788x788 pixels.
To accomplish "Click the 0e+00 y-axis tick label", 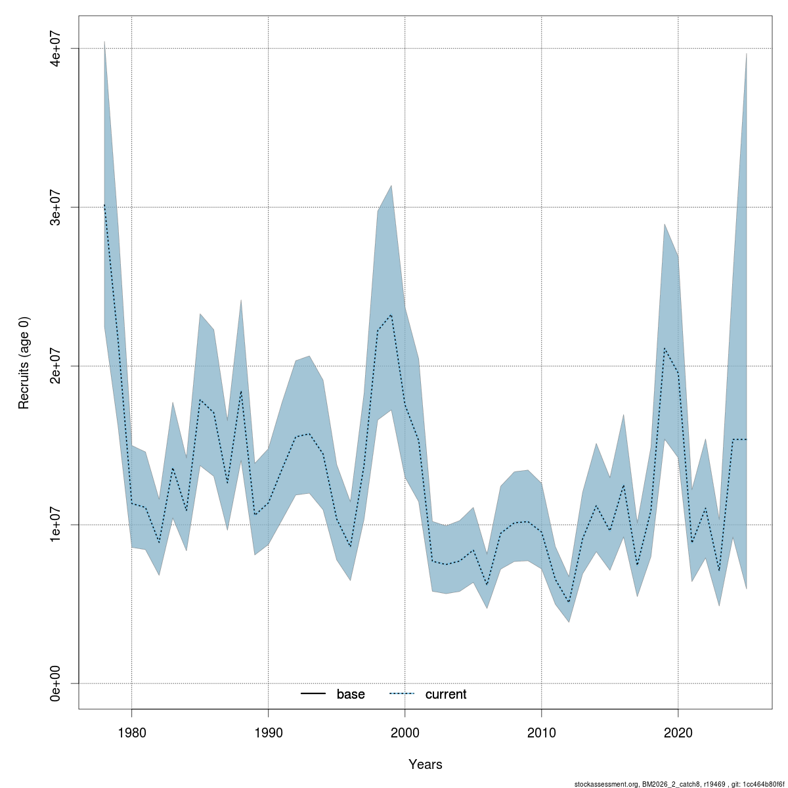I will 57,683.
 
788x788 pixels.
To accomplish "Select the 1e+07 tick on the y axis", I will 57,525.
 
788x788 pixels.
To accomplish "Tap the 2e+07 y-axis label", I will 57,366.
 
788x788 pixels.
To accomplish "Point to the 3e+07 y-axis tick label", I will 57,207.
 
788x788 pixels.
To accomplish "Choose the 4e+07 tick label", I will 57,49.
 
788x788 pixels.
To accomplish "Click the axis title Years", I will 425,764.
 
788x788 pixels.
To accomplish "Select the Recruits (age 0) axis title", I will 24,362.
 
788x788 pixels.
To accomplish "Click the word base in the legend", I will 351,694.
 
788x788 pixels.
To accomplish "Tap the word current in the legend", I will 446,694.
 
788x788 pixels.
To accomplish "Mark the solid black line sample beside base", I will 314,694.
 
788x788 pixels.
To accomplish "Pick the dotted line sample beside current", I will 403,694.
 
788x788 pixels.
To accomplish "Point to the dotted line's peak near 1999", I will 391,315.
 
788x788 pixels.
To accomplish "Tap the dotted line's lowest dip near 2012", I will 569,602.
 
